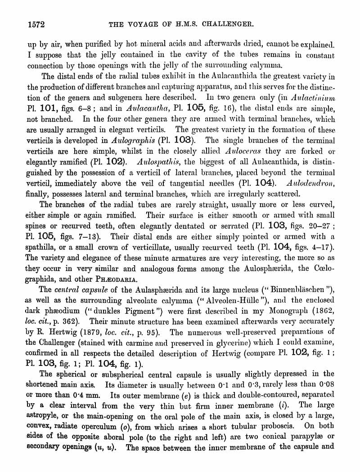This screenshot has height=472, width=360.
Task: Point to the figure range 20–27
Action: (313, 225)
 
